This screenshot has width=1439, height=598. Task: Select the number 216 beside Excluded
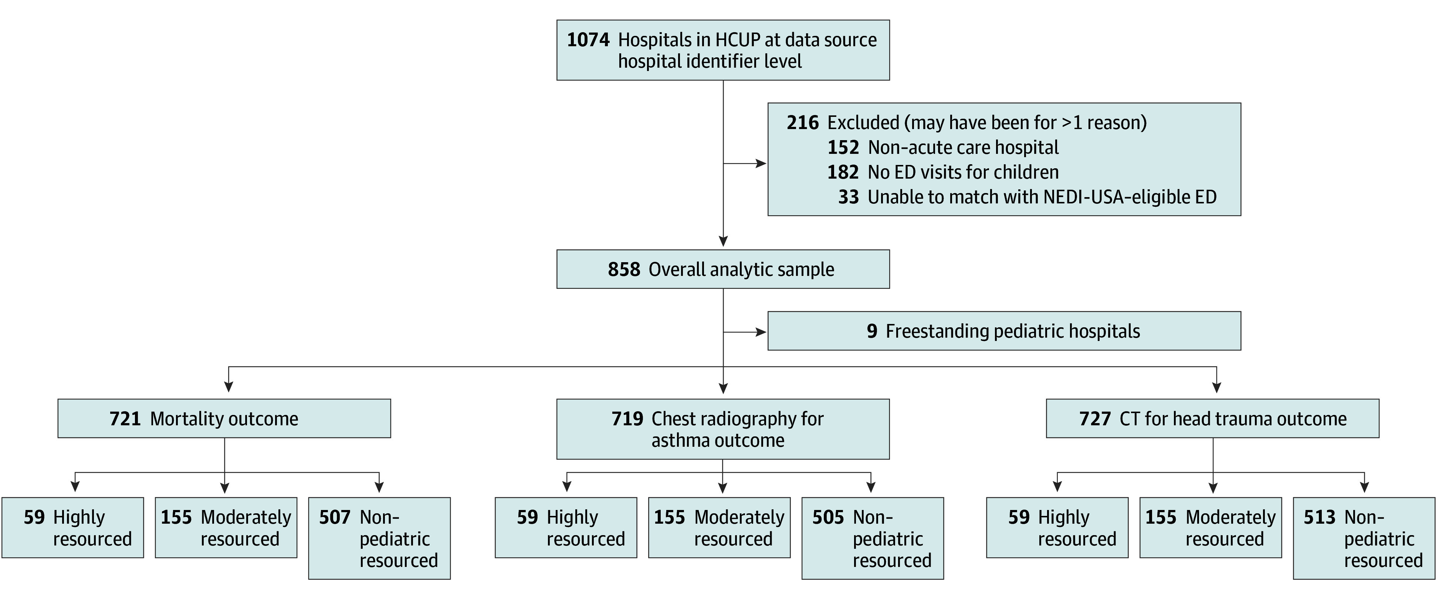[803, 123]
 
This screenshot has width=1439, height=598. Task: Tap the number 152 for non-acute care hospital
[843, 148]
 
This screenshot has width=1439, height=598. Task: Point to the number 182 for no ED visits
[843, 172]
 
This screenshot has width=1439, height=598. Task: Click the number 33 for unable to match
[849, 197]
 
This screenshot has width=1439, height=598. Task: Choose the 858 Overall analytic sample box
[723, 269]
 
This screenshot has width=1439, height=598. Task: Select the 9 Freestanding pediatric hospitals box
[1004, 331]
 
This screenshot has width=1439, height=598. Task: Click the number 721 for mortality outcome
[125, 419]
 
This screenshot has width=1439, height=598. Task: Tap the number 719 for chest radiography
[627, 419]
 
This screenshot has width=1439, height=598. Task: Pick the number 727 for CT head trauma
[1095, 419]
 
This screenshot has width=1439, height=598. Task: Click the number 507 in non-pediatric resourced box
[335, 517]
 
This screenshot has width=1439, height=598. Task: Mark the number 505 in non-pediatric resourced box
[828, 517]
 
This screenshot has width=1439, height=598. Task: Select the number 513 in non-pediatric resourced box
[1320, 517]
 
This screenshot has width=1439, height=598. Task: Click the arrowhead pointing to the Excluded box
[761, 164]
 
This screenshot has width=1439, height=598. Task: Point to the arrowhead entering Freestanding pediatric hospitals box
[761, 332]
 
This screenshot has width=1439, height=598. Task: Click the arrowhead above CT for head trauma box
[1217, 387]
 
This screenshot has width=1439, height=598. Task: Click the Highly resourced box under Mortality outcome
[72, 528]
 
